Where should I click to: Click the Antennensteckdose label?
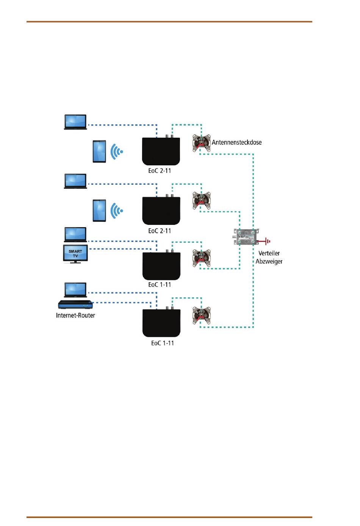coord(236,142)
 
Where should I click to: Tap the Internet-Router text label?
coord(75,316)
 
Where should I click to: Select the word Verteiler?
coord(269,253)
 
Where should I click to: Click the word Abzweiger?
coord(269,261)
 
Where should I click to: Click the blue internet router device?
coord(75,305)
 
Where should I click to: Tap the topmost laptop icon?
coord(75,122)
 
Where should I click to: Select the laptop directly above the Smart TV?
coord(75,234)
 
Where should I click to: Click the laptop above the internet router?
coord(75,290)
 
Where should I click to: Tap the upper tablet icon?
coord(99,151)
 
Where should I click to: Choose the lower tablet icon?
coord(99,210)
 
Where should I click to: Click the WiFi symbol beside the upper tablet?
coord(117,152)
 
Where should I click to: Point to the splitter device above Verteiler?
coord(246,237)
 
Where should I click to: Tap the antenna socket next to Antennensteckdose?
coord(201,143)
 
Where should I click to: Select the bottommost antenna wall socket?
coord(201,316)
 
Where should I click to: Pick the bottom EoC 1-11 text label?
coord(163,343)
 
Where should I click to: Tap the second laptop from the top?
coord(75,181)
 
